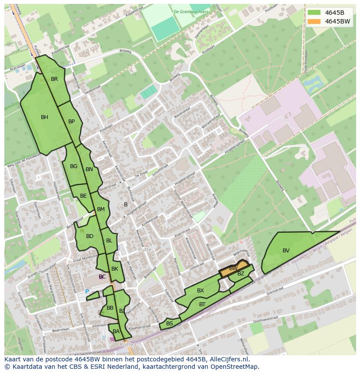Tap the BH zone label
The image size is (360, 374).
click(44, 117)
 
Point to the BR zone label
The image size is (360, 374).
click(54, 79)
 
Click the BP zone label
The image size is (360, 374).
click(72, 122)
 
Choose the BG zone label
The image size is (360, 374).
click(73, 166)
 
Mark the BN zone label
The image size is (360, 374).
click(89, 169)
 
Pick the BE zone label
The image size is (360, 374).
click(83, 196)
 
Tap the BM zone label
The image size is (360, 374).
click(101, 209)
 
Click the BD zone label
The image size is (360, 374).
click(90, 236)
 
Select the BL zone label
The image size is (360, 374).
click(109, 241)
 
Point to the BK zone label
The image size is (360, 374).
click(115, 269)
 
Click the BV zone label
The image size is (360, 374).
click(286, 251)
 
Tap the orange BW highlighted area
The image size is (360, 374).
click(234, 269)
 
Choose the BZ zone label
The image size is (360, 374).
click(241, 274)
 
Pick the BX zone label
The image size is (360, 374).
click(200, 291)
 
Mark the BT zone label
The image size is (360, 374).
click(202, 304)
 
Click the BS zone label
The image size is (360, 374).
click(170, 324)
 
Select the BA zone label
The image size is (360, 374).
click(116, 331)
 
